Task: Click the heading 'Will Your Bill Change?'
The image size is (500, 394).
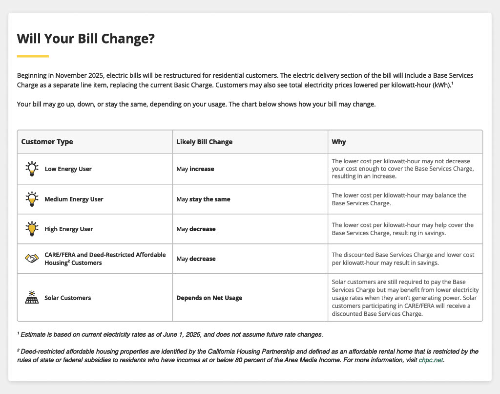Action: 85,39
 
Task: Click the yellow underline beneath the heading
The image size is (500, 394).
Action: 33,56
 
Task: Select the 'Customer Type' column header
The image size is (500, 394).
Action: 47,142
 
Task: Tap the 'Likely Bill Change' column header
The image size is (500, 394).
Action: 205,142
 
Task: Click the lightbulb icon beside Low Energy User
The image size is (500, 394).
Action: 32,169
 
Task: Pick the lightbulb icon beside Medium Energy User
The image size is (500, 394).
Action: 32,199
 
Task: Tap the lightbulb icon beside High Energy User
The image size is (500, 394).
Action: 32,229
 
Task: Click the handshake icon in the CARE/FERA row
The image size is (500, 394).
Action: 32,259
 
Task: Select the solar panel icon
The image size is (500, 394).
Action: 32,297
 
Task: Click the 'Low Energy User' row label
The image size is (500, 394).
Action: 68,169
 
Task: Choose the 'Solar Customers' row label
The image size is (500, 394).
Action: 67,298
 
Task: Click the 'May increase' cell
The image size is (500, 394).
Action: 195,169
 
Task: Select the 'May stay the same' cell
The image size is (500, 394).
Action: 203,199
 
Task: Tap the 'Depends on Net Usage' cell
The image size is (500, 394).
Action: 209,298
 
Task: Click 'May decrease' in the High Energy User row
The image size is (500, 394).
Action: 196,229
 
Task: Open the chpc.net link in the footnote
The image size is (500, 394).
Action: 431,360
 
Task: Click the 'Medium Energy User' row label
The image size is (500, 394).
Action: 74,199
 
